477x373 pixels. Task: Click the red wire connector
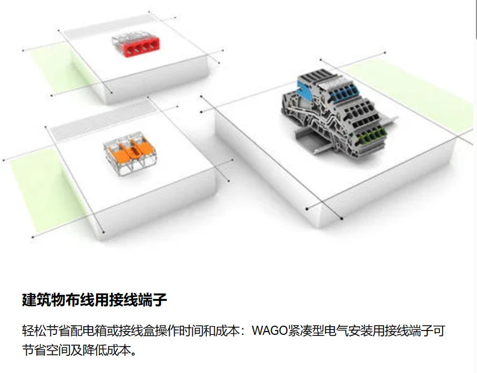click(136, 45)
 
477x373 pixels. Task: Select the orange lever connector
click(130, 153)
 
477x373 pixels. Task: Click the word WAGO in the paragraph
click(270, 331)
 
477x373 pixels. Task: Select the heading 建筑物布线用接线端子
click(95, 300)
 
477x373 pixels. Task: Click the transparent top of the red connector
click(134, 39)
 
